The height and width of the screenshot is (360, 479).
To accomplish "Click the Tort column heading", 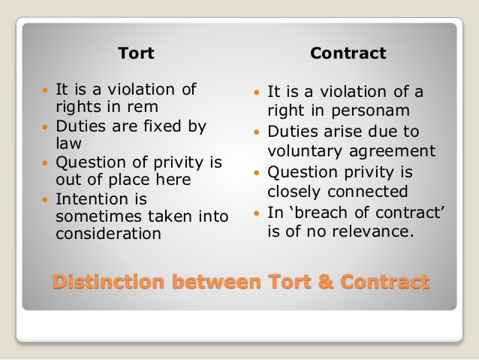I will click(x=137, y=53).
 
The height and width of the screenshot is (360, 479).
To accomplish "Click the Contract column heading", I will click(x=348, y=53).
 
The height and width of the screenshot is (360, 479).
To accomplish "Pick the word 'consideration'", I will click(x=107, y=233).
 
